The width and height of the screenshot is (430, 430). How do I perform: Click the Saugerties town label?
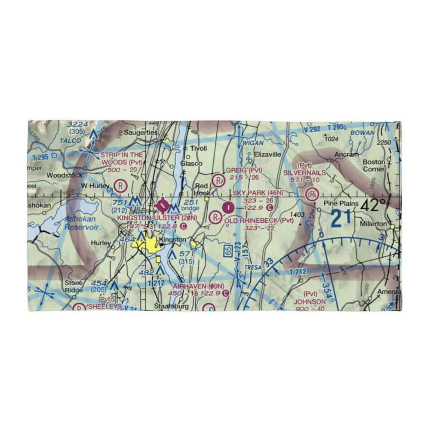coord(141,132)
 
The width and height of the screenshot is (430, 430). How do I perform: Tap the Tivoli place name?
coord(199,148)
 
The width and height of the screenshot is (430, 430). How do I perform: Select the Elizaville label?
coord(267,154)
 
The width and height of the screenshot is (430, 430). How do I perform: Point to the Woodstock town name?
coord(64,175)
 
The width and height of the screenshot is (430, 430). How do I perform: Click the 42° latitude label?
coord(373,205)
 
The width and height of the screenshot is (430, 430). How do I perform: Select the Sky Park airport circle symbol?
coord(228,208)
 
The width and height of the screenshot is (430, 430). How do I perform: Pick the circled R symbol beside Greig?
coord(219,179)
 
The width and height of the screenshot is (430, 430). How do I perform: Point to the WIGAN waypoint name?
coord(252,143)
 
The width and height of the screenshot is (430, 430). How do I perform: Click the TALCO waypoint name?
coord(71,141)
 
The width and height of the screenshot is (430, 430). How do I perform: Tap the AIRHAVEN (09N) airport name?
coord(198,286)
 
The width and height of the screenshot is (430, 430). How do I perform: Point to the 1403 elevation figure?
coord(297,215)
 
